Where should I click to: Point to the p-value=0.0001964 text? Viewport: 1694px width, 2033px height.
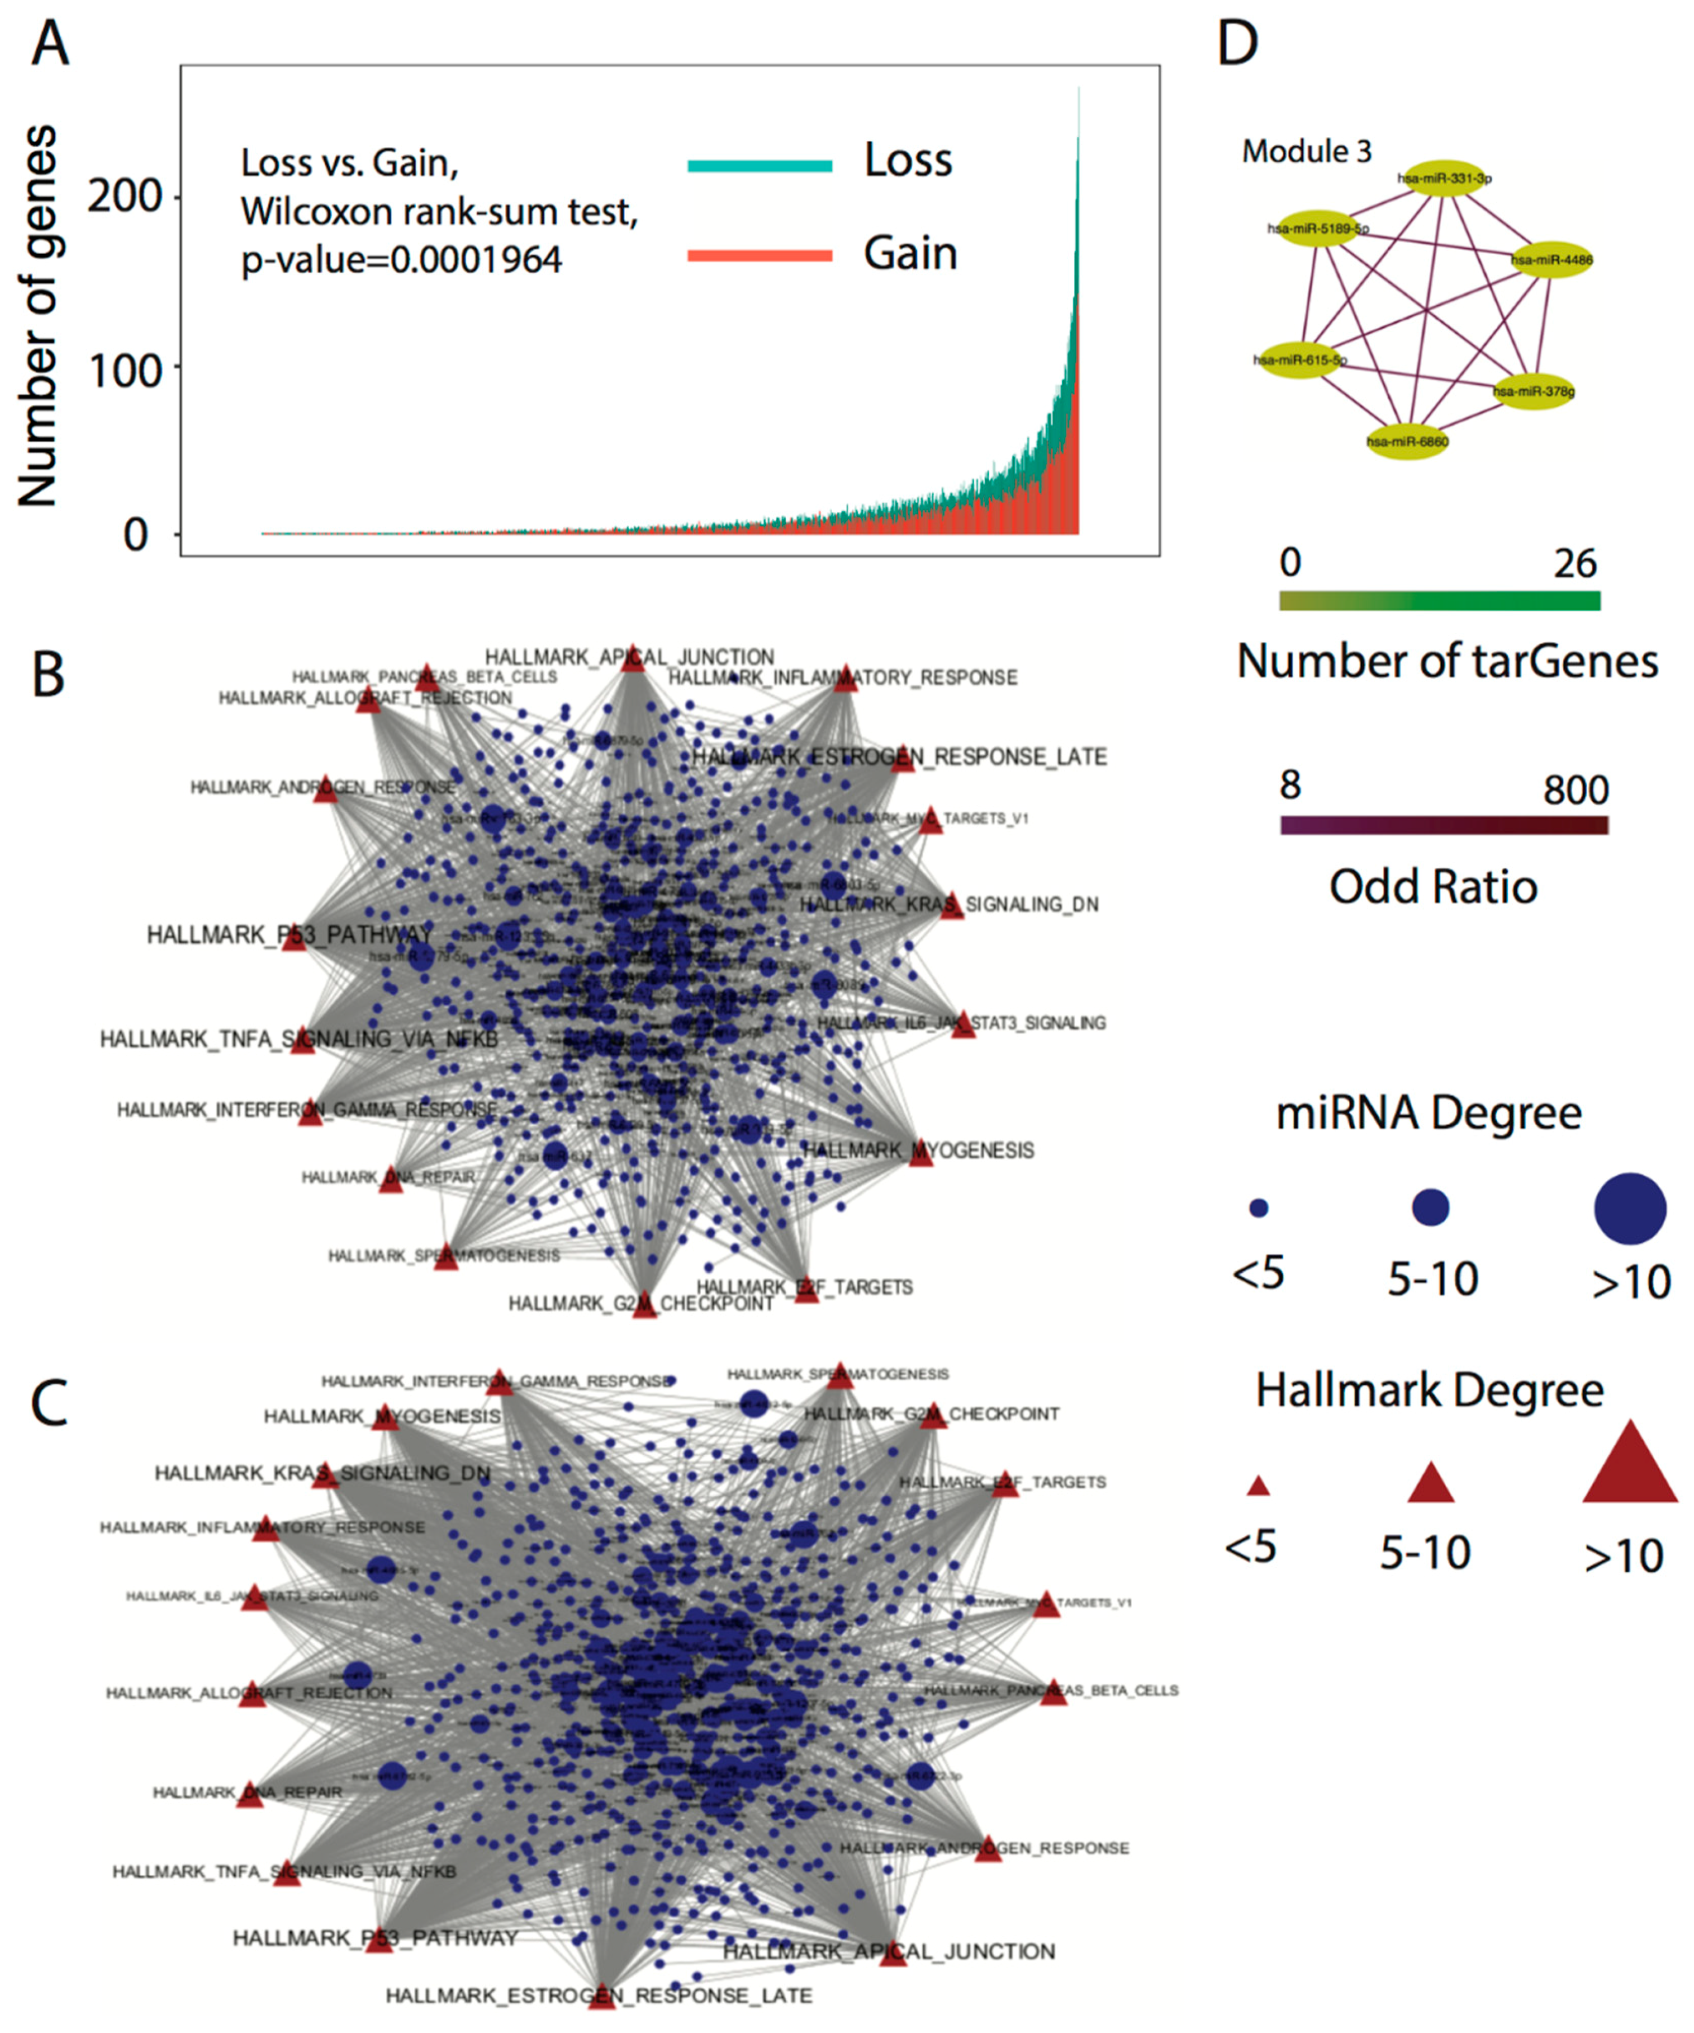click(x=401, y=260)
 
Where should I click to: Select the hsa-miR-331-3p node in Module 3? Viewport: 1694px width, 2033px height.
click(x=1443, y=178)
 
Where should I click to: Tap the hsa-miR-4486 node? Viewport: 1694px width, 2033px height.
click(x=1552, y=260)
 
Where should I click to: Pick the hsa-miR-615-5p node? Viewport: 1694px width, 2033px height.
click(x=1299, y=360)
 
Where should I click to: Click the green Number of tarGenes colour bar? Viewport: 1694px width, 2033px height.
click(x=1439, y=601)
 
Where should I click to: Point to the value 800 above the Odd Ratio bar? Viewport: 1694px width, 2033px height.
click(x=1575, y=791)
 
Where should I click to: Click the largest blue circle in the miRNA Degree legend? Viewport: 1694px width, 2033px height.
click(x=1630, y=1208)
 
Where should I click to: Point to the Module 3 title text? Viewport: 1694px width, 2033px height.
click(x=1307, y=152)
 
